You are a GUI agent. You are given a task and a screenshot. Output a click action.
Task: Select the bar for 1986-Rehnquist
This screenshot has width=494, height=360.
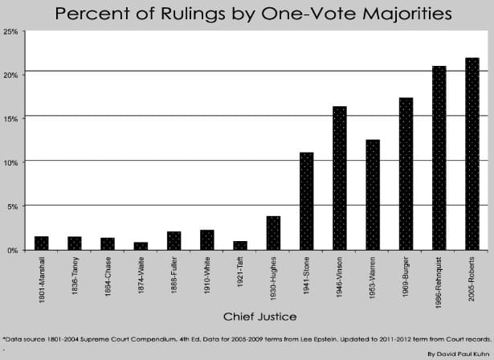point(439,157)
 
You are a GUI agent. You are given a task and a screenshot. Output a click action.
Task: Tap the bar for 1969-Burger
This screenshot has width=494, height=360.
point(406,174)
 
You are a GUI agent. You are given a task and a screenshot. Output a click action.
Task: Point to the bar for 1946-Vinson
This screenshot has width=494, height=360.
point(339,178)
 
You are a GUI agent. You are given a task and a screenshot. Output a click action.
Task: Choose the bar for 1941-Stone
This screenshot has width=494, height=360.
point(306,201)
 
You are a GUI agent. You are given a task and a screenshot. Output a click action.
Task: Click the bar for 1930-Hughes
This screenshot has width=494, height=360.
point(272,233)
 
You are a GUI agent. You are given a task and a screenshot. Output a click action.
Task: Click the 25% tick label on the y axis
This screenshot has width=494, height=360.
point(10,32)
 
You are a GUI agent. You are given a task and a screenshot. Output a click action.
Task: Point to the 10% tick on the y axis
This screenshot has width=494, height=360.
point(10,162)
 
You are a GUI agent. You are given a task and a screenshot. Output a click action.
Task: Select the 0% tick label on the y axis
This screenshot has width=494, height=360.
point(12,250)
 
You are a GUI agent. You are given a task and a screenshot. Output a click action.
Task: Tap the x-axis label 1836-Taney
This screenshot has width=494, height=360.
point(74,278)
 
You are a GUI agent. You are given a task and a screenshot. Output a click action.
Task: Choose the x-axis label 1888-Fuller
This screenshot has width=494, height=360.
point(174,278)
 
